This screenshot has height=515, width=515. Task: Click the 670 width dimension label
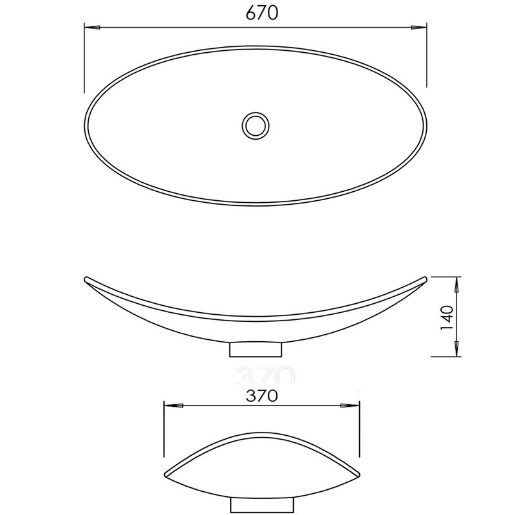point(262,13)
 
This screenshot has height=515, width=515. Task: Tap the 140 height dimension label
point(447,317)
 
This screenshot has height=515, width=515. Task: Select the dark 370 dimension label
point(262,396)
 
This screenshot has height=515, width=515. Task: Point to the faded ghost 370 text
point(265,375)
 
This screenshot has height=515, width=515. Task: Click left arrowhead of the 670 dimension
point(92,28)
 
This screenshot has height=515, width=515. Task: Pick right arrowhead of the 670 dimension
point(419,28)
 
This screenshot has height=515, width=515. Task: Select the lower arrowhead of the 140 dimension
point(456,349)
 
